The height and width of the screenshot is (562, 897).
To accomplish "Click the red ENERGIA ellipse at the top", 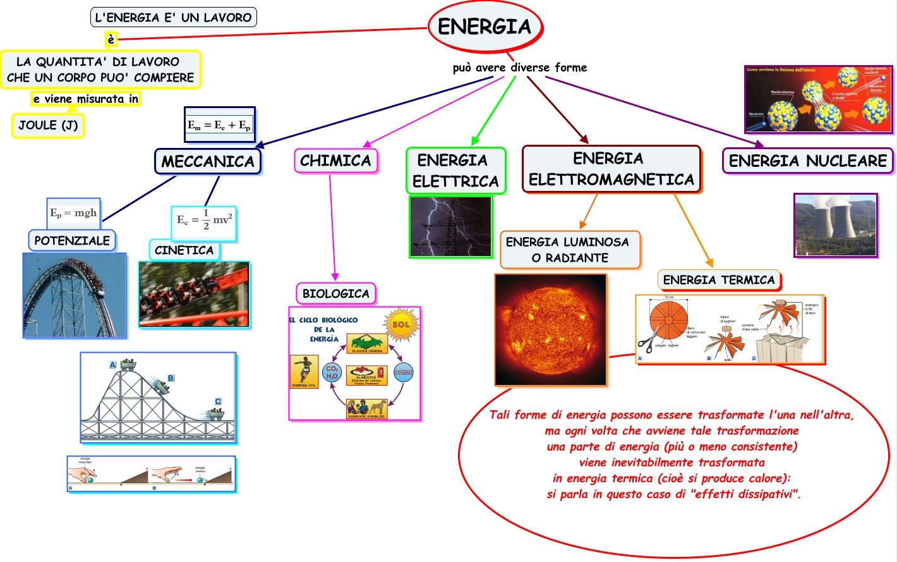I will click(485, 27).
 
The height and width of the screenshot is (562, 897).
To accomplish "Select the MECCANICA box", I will click(208, 161).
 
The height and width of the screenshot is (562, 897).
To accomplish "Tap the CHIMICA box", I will click(335, 161).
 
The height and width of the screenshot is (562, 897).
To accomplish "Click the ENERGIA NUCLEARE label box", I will click(807, 161).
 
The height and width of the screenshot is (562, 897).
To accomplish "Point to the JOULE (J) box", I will click(48, 125).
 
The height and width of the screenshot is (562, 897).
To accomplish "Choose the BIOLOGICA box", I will click(335, 293).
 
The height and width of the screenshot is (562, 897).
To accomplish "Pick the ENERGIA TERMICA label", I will click(718, 279).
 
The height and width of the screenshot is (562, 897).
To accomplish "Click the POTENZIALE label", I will click(72, 240).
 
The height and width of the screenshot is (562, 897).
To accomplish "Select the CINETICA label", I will click(184, 250).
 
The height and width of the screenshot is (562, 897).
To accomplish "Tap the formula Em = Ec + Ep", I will click(219, 125).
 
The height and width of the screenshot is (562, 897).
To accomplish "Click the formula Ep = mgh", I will click(73, 213).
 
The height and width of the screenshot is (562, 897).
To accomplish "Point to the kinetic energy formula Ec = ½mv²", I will click(204, 221).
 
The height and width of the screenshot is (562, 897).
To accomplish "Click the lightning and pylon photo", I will click(450, 226).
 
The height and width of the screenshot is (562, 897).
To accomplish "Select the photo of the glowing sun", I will click(551, 329).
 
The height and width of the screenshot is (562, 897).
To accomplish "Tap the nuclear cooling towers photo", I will click(835, 225).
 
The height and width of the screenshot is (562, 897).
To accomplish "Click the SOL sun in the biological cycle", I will click(401, 324).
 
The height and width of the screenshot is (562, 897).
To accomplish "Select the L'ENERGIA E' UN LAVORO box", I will click(174, 18).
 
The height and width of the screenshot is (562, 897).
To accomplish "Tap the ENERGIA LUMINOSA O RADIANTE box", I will click(570, 250).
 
